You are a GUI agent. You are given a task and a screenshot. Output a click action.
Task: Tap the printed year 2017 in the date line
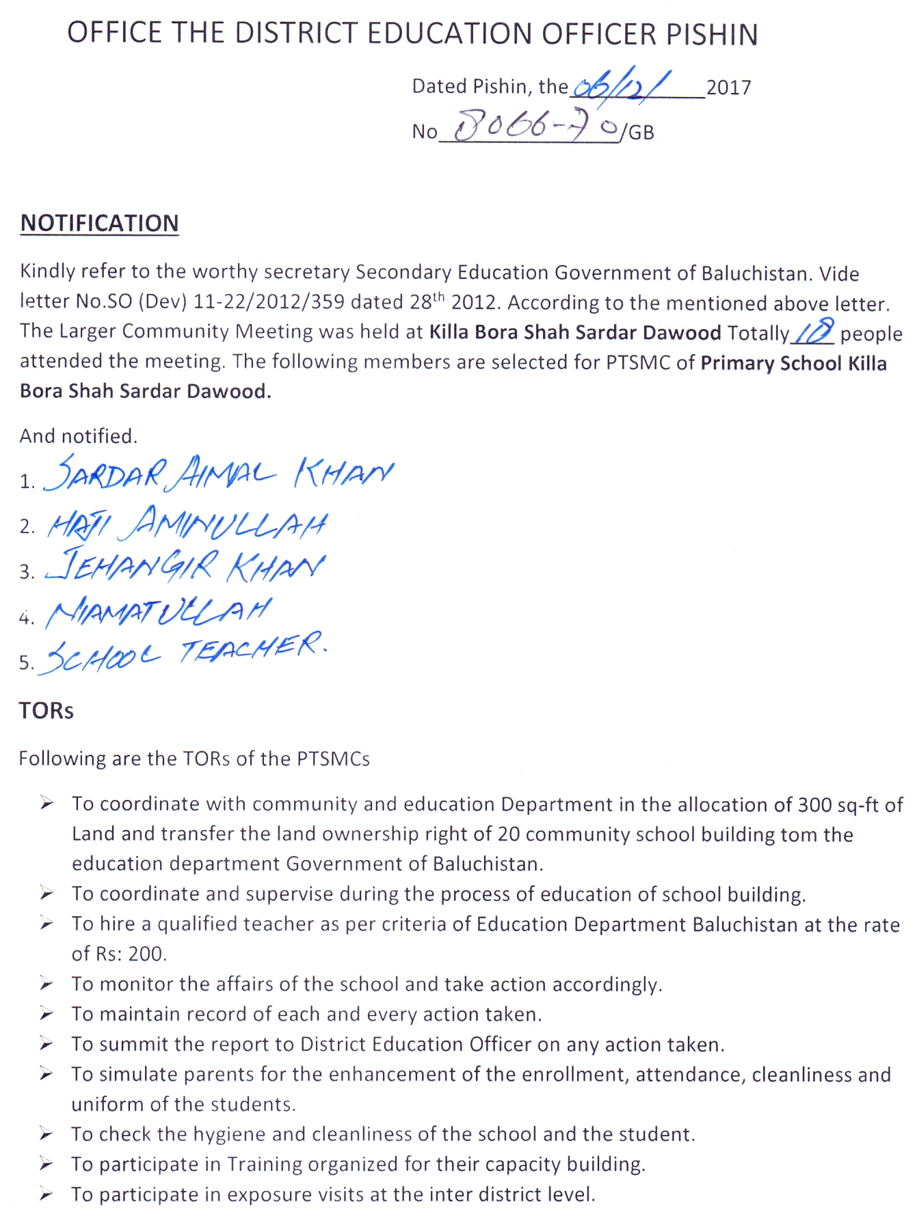tap(728, 88)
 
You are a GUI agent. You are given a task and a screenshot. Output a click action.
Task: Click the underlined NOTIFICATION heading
tap(99, 224)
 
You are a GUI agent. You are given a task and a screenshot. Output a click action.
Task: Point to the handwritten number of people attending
tap(814, 332)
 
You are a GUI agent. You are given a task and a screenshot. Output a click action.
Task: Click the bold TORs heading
tap(46, 711)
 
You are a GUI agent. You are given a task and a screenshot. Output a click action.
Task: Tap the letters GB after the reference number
tap(641, 133)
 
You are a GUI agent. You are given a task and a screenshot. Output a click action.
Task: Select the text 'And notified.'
tap(79, 436)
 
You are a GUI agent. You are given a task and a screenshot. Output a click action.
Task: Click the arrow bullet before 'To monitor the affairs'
tap(46, 984)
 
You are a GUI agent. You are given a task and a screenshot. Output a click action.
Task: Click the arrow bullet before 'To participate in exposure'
tap(46, 1194)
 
